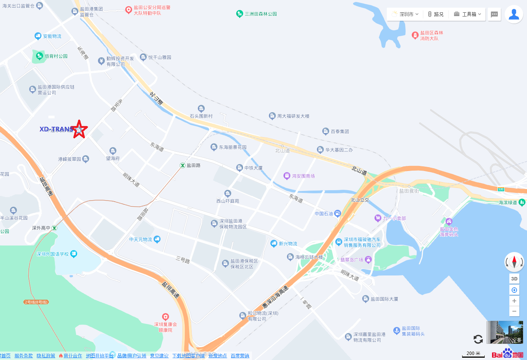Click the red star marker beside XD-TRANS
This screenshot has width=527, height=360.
point(79,129)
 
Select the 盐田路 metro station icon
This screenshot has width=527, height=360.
point(183,165)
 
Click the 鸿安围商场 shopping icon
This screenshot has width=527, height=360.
point(287,176)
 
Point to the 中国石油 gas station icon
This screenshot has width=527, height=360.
point(337,214)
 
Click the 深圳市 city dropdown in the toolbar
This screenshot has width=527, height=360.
point(405,14)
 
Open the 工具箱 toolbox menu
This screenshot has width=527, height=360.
point(467,14)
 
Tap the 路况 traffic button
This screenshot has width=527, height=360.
point(436,14)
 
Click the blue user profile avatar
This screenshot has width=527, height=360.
point(514,14)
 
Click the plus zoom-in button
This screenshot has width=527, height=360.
point(514,301)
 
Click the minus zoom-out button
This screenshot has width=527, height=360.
point(514,311)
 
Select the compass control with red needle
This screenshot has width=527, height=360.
point(514,262)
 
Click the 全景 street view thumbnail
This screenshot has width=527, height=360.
point(505,332)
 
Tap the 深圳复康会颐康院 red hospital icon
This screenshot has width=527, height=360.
point(166,317)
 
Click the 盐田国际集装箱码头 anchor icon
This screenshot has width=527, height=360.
point(397,330)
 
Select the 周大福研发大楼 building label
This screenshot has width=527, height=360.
point(293,116)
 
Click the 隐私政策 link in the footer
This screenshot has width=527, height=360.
point(46,356)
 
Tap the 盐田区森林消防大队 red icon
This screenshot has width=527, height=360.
point(415,35)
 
